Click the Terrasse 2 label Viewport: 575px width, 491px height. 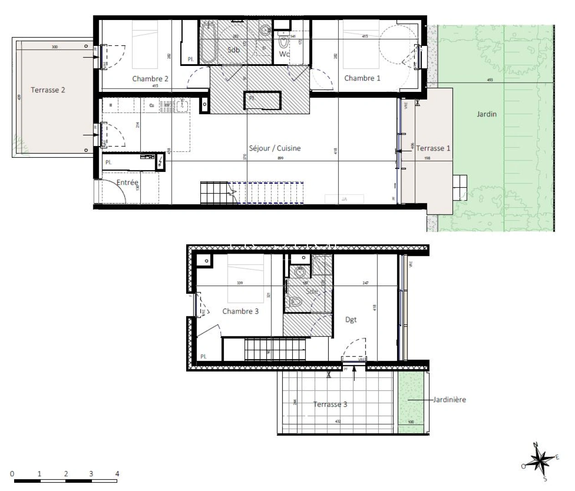(x=48, y=90)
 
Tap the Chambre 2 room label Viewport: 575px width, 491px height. (x=150, y=79)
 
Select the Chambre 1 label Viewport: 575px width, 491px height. (x=362, y=78)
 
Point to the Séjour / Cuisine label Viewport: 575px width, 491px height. (x=275, y=148)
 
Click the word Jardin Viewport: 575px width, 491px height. (x=486, y=114)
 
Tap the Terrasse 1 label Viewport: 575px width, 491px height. (x=433, y=148)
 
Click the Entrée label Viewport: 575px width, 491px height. (x=127, y=182)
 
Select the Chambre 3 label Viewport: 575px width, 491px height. (x=240, y=311)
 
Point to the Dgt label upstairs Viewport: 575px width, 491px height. (x=351, y=320)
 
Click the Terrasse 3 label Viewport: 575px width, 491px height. (x=330, y=404)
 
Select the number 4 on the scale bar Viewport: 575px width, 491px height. (x=117, y=474)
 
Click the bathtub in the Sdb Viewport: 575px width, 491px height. (x=209, y=43)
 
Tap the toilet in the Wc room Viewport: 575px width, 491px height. (x=284, y=42)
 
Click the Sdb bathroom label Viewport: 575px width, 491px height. (x=233, y=50)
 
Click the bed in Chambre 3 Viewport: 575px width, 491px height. (x=246, y=277)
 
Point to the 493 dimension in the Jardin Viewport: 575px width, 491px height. (x=490, y=80)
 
